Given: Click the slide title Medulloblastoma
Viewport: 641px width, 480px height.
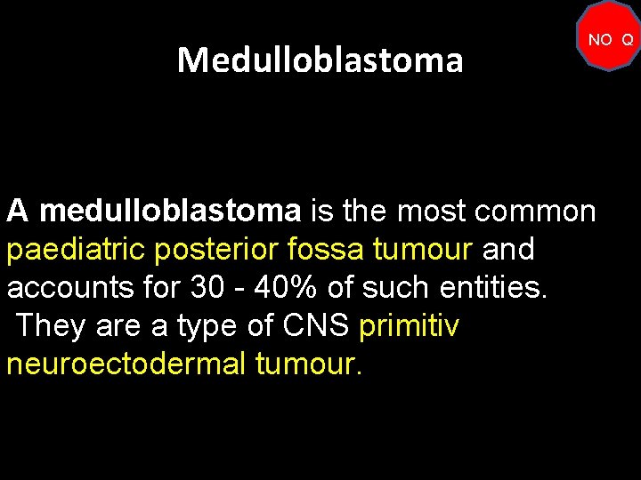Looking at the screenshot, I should (x=320, y=60).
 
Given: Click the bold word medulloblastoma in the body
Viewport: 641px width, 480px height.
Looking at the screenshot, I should (x=171, y=211).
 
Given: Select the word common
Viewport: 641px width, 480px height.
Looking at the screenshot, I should (x=536, y=211).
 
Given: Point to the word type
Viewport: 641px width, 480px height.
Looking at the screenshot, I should (x=206, y=326).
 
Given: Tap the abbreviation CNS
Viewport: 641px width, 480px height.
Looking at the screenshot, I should (x=316, y=326).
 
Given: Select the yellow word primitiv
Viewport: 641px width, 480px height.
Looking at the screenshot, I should (x=409, y=326).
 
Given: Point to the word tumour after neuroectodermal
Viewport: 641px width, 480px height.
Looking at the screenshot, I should (x=309, y=364).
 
